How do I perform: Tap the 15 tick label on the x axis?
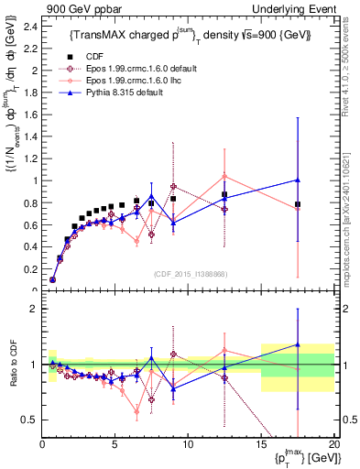[x=261, y=443]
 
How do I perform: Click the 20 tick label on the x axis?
[x=333, y=443]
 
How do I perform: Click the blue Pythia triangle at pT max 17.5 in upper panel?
[x=298, y=180]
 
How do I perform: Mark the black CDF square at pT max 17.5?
[x=298, y=204]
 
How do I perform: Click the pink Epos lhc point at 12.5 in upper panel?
[x=224, y=176]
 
